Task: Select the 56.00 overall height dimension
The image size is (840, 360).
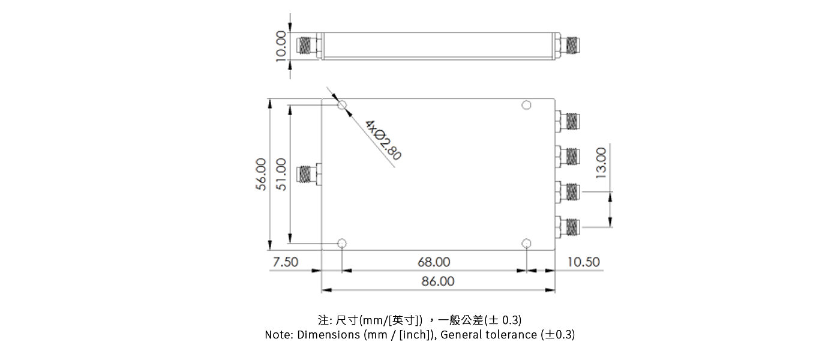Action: coord(260,175)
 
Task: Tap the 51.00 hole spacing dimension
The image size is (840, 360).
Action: coord(281,175)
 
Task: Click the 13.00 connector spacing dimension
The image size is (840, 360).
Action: coord(601,161)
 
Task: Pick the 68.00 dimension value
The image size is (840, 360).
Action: coord(433,262)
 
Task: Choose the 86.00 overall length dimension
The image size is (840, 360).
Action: coord(438,281)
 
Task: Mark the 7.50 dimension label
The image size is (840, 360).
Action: coord(286,262)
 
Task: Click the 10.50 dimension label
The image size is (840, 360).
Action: coord(583,262)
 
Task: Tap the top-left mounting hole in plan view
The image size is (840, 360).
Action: coord(342,106)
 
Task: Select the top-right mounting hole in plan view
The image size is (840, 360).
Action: coord(526,106)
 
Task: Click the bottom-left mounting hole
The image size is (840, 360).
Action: coord(342,244)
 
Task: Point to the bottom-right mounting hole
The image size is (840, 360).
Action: coord(526,244)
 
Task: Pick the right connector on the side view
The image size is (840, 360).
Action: coord(570,46)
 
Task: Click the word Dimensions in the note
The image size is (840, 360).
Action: coord(329,335)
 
